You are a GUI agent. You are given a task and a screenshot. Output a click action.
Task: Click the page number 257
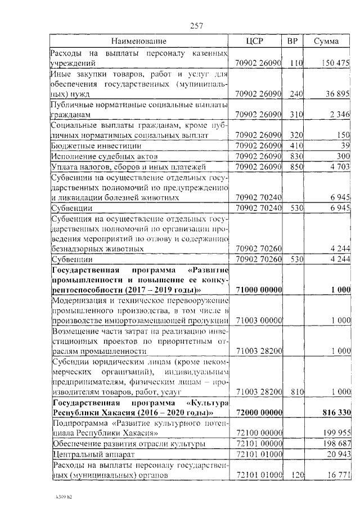[x=197, y=25]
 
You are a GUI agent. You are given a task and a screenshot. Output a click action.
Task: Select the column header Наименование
[x=138, y=41]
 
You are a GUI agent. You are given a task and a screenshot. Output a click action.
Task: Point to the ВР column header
[x=292, y=41]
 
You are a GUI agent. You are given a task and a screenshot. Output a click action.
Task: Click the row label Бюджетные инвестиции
[x=83, y=145]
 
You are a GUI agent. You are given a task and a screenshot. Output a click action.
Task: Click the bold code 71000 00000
[x=259, y=289]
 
